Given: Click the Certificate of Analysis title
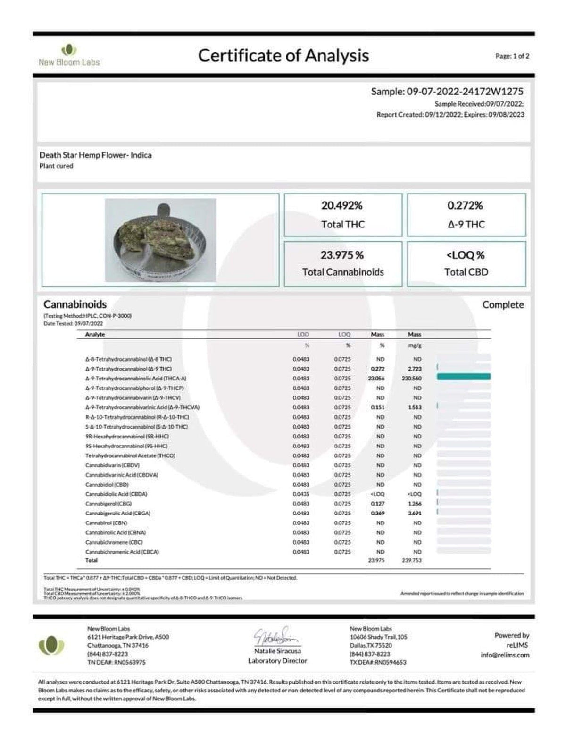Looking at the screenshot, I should pos(283,56).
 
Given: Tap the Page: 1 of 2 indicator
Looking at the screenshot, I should pos(512,56).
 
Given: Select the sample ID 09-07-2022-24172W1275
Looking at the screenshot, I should pos(465,92).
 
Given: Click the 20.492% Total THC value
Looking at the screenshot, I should pos(342,206).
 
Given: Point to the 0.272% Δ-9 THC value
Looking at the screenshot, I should pos(465,206).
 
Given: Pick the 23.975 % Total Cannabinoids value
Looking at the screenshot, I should pos(342,255).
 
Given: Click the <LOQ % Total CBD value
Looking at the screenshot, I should pos(465,255).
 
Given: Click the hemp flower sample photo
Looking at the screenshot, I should pos(160,240).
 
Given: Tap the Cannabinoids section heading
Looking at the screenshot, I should pos(75,304).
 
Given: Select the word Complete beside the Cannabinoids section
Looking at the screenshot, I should pos(503,305).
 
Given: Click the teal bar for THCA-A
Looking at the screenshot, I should pos(464,377).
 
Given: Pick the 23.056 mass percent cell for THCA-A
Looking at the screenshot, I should pos(377,379).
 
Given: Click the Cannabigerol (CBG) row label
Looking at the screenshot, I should pos(108,504).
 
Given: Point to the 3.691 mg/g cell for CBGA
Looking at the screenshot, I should pos(415,513).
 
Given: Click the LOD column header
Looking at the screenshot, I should pos(303,334).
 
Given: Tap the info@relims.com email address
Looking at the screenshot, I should pos(505,655).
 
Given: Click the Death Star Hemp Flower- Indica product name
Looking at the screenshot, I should pos(96,155).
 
